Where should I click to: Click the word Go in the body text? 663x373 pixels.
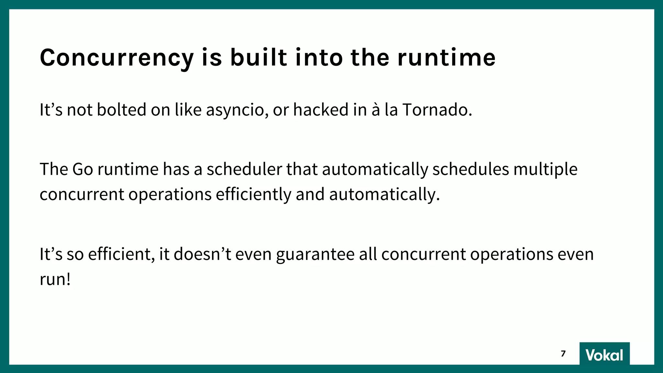point(83,169)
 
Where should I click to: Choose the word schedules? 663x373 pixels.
point(471,169)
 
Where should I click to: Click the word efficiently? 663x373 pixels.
point(253,195)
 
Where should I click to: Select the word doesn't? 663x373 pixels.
point(202,254)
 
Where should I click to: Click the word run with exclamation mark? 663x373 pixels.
point(55,279)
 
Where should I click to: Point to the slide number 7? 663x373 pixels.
point(563,354)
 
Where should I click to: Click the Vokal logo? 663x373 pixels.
point(604,355)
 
